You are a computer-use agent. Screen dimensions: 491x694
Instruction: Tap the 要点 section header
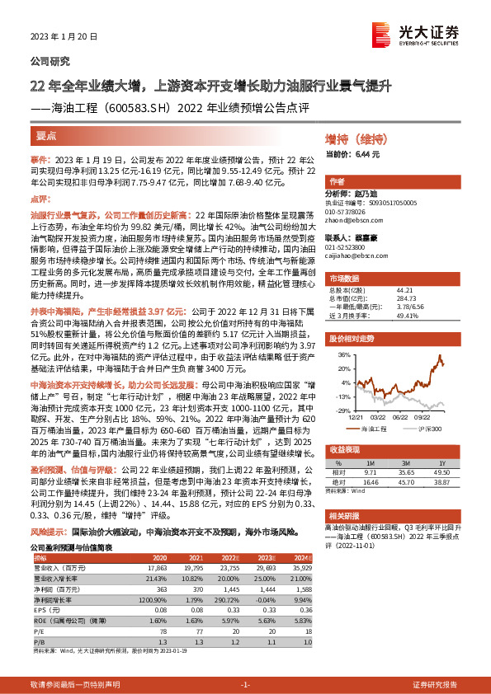pyautogui.click(x=47, y=134)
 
